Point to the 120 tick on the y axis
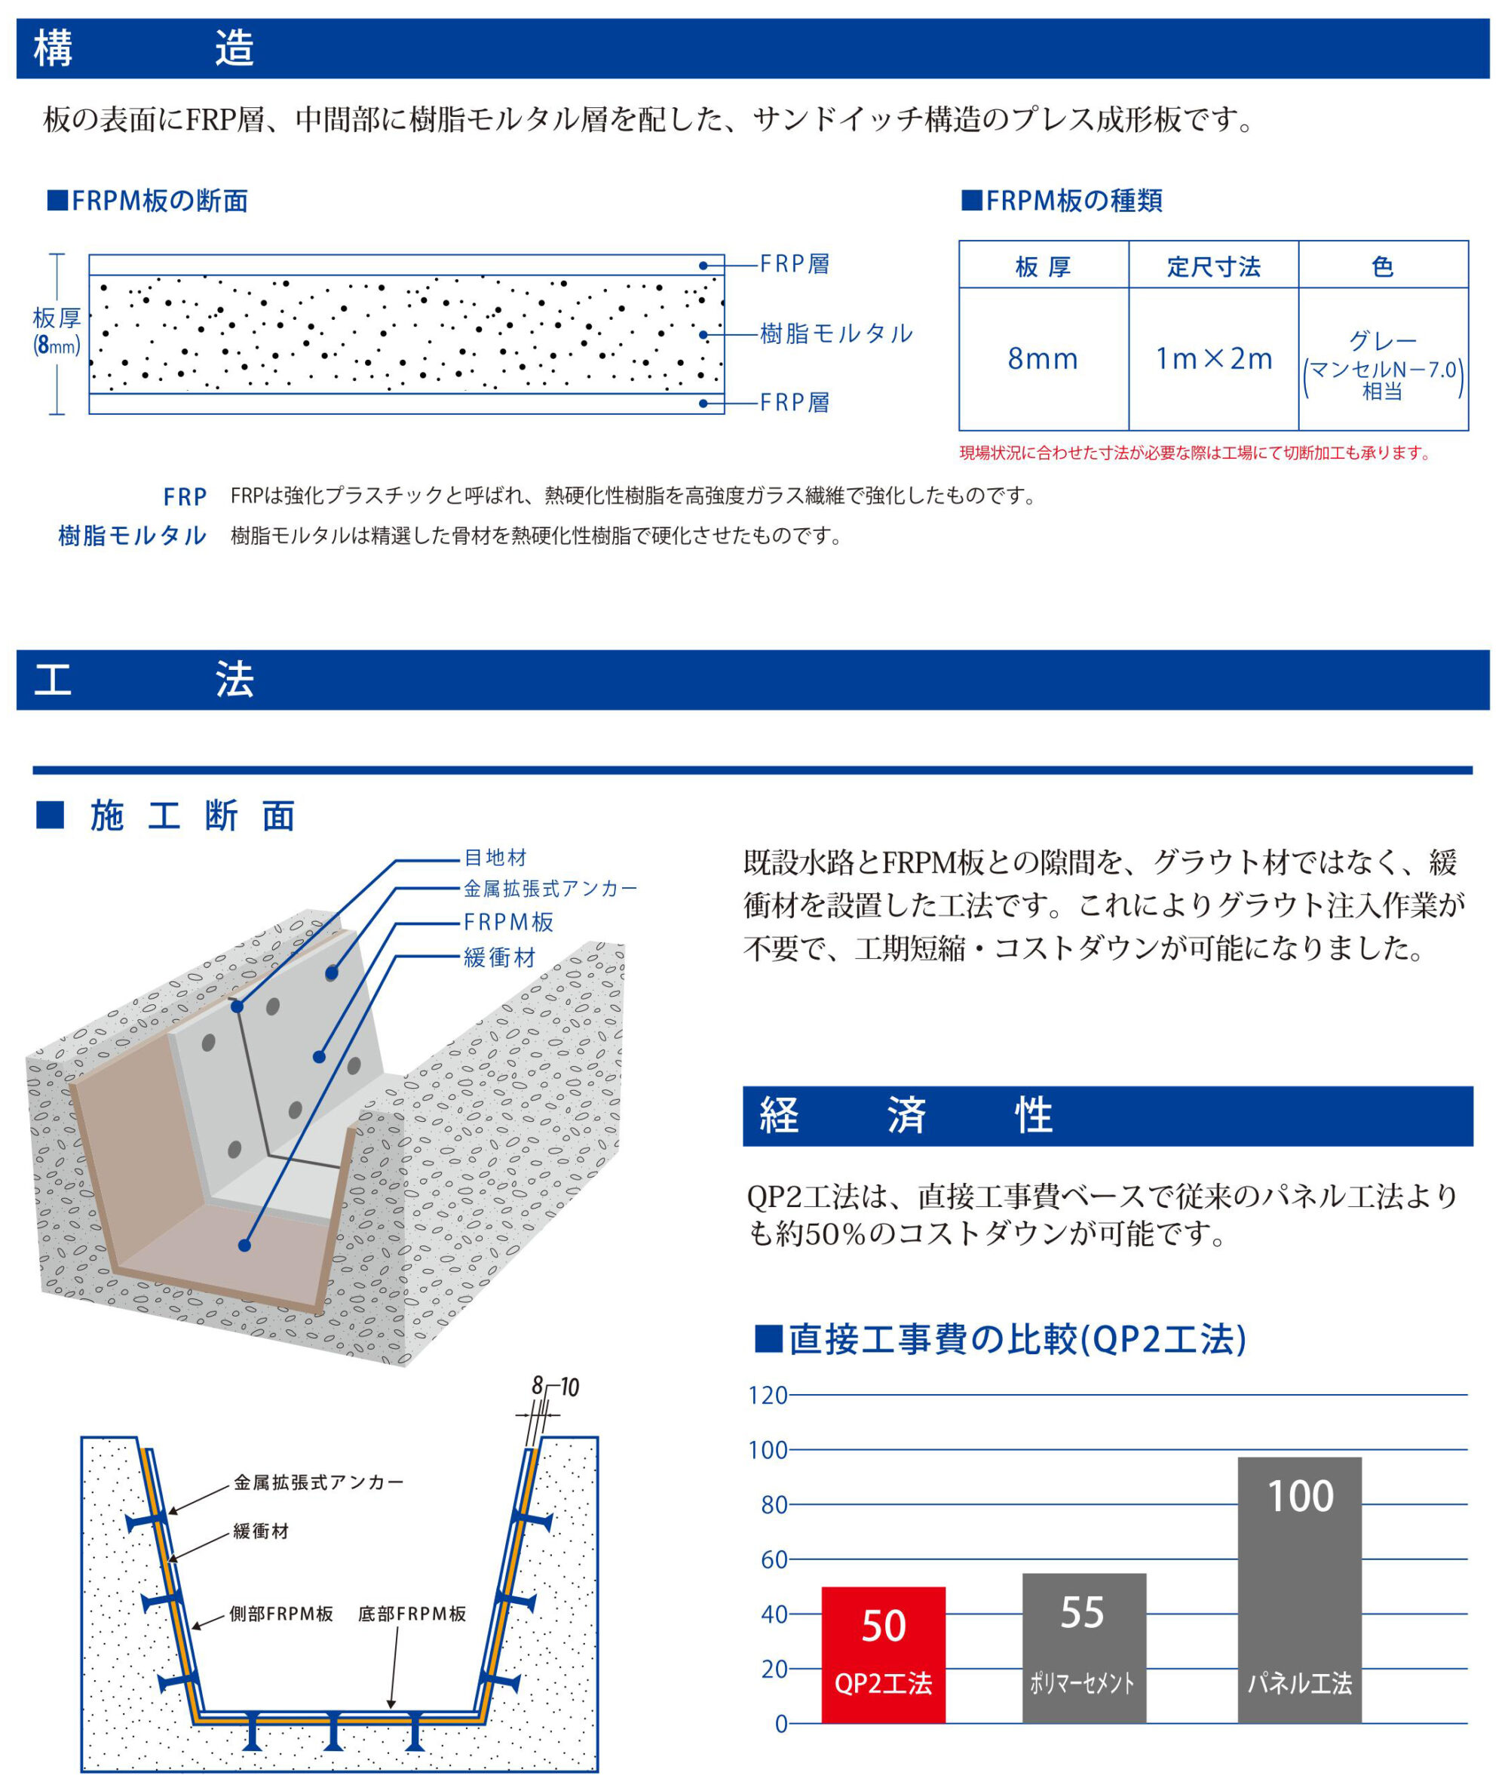[768, 1395]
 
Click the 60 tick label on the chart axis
[774, 1559]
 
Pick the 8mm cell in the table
[1043, 358]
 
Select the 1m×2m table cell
[1213, 358]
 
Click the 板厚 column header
[1043, 267]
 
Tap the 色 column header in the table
[1382, 267]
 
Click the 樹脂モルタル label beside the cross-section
[836, 333]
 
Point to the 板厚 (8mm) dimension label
[57, 332]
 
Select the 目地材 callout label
[495, 858]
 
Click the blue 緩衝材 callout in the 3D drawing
[500, 958]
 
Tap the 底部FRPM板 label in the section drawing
[412, 1613]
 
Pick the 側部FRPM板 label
[280, 1613]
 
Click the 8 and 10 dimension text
[555, 1387]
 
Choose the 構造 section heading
[143, 48]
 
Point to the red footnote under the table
[1195, 453]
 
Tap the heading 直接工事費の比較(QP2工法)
[1001, 1339]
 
